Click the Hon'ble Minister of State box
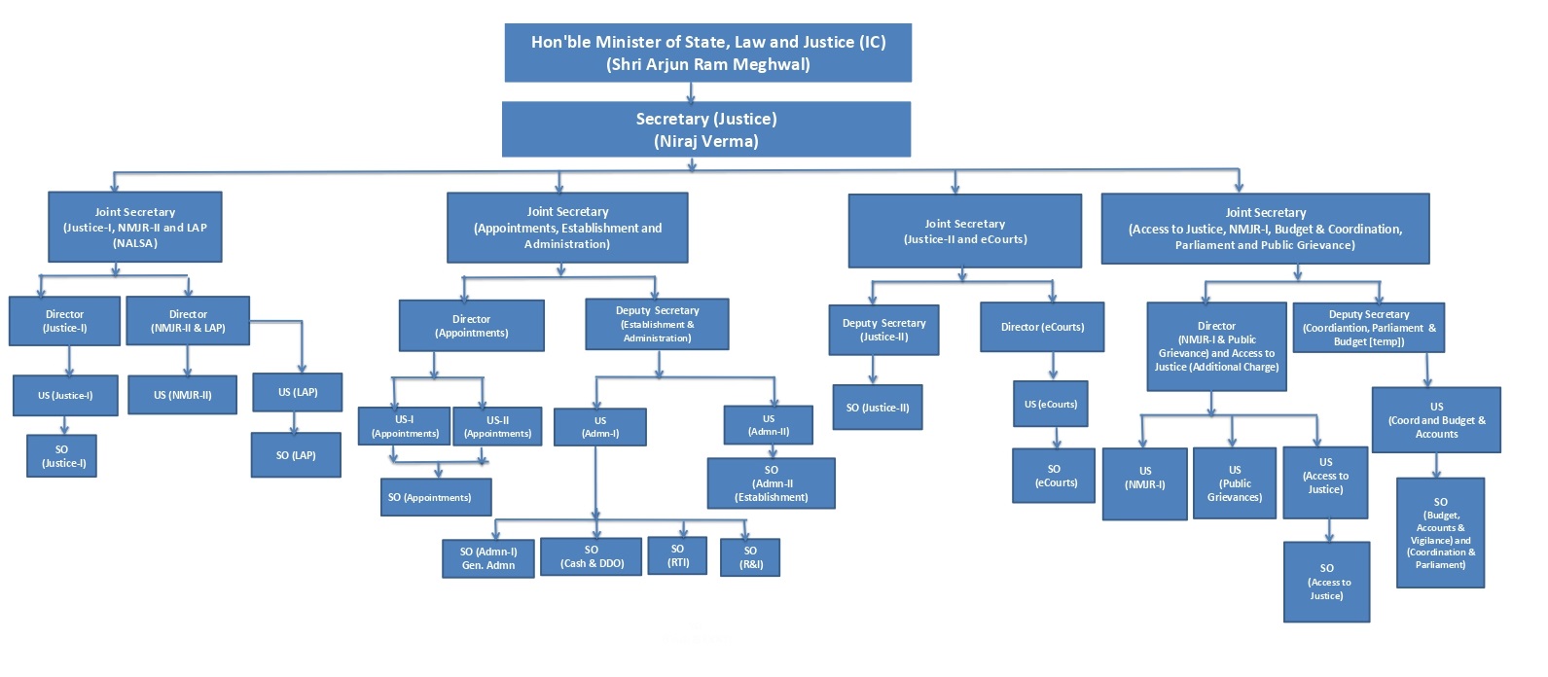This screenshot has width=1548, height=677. [707, 53]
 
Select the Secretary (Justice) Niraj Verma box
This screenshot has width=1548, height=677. [706, 129]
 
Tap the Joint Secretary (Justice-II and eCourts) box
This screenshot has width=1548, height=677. [964, 232]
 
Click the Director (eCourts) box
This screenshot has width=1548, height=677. [1041, 327]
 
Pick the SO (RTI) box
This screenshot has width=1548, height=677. [678, 555]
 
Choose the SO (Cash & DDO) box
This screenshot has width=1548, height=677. [591, 556]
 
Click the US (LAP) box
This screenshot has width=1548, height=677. [297, 392]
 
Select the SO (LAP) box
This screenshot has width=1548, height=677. [296, 455]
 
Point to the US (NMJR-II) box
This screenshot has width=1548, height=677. [182, 395]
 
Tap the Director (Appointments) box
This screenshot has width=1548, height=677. [471, 326]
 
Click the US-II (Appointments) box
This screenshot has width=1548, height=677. [497, 427]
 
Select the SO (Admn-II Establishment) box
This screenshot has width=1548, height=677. [771, 483]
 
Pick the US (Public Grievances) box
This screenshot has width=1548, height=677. [1234, 483]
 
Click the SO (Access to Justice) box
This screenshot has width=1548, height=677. [1326, 582]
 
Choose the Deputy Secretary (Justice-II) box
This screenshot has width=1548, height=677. [883, 330]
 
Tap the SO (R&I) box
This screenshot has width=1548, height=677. [750, 557]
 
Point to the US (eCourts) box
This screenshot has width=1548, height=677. [1050, 404]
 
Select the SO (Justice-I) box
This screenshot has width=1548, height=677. [62, 456]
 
